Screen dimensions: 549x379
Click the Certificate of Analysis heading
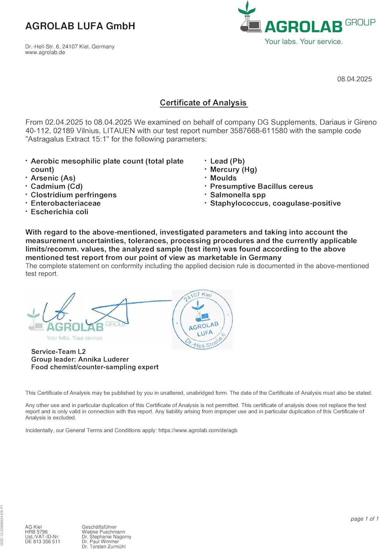coord(203,103)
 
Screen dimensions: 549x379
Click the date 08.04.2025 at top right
coord(354,79)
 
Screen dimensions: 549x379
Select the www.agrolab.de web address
coord(45,52)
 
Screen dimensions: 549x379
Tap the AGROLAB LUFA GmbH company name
coord(80,26)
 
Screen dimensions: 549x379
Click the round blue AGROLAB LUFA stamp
coord(202,320)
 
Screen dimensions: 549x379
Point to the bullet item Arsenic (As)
coord(53,178)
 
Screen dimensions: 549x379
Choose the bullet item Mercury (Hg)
coord(233,170)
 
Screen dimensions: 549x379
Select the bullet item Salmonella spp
coord(238,195)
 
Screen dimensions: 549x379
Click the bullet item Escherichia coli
coord(59,212)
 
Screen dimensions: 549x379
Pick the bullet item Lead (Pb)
coord(227,161)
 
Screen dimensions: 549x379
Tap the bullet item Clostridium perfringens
coord(74,195)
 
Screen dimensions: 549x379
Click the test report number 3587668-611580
coord(259,131)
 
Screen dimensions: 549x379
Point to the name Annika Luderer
coord(103,359)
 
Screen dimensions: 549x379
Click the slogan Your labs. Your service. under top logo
coord(304,42)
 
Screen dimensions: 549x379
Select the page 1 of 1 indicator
coord(364,519)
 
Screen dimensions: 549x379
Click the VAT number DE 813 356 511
coord(43,542)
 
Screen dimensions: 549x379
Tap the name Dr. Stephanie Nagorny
coord(106,537)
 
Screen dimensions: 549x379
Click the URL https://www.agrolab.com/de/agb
coord(198,430)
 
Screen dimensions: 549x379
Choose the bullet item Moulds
coord(223,178)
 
